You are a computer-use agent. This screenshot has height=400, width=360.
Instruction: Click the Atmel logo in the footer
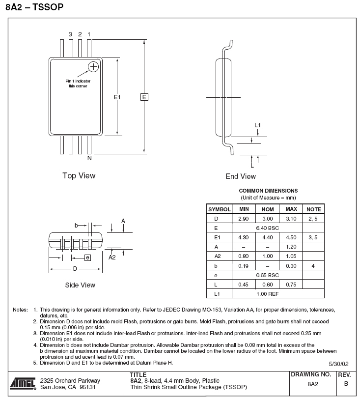click(23, 384)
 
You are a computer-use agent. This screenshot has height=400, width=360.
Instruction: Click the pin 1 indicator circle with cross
click(93, 67)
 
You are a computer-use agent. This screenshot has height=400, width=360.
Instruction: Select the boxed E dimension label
click(144, 97)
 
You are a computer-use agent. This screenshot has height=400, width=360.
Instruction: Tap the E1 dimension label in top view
click(117, 97)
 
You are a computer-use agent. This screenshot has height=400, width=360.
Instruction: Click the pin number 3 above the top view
click(70, 34)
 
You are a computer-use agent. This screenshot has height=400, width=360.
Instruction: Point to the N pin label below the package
click(89, 158)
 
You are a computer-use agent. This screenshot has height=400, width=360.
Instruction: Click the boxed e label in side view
click(88, 257)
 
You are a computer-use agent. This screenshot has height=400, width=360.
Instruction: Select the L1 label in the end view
click(257, 125)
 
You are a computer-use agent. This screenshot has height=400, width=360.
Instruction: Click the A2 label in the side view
click(112, 257)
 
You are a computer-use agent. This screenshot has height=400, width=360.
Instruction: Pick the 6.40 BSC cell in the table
click(268, 228)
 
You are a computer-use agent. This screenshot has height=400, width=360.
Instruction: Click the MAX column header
click(291, 209)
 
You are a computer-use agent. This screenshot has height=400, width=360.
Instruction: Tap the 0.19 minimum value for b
click(243, 266)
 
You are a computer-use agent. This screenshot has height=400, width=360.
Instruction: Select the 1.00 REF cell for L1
click(268, 294)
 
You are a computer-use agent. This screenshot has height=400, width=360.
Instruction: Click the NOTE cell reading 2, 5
click(313, 219)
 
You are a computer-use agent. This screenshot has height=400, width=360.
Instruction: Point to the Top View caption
click(79, 176)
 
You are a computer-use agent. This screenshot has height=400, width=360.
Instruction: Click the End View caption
click(241, 176)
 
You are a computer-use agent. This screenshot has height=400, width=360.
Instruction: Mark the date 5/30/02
click(338, 364)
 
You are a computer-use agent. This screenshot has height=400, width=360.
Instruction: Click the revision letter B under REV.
click(346, 384)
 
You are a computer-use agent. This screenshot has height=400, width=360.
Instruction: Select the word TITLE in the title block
click(138, 375)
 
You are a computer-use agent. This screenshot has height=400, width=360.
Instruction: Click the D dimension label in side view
click(75, 269)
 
